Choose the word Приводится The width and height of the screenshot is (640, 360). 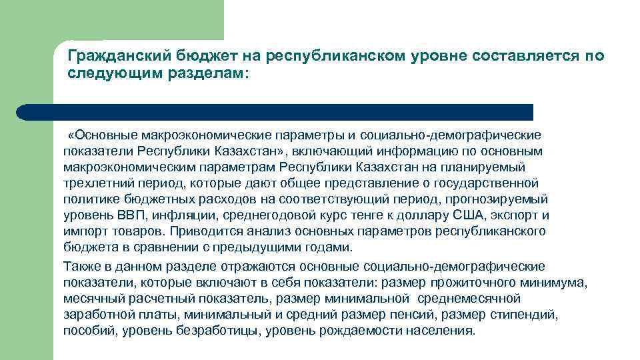click(200, 231)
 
